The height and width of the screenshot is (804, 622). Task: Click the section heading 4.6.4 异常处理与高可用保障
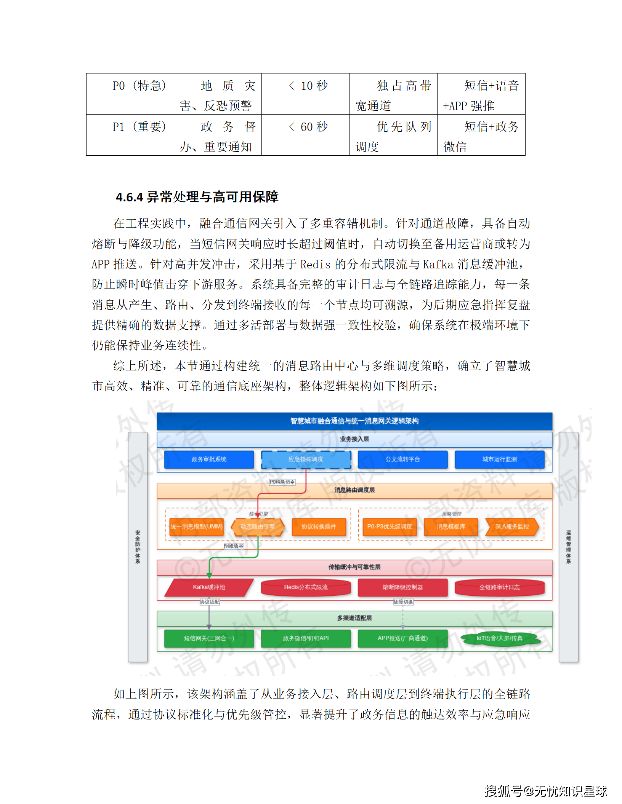point(197,197)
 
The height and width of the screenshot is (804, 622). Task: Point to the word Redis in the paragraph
point(315,264)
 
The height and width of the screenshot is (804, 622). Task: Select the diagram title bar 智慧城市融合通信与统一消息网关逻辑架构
point(354,421)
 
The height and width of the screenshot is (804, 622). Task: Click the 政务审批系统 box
point(209,459)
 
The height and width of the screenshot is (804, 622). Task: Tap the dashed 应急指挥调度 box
point(306,459)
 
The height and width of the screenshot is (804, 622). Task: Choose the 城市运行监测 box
point(499,459)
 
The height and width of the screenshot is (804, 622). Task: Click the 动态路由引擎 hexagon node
point(258,526)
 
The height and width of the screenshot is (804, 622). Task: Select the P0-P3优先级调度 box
point(390,526)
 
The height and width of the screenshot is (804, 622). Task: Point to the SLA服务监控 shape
point(512,526)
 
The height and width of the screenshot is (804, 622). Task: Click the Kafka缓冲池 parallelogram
point(209,587)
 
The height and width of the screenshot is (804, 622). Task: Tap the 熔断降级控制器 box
point(402,587)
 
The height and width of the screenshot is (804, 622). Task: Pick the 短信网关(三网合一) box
point(209,638)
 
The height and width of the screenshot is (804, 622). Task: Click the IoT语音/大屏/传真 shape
point(499,638)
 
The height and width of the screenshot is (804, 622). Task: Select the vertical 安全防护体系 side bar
point(138,547)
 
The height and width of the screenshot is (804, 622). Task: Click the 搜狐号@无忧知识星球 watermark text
point(545,791)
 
